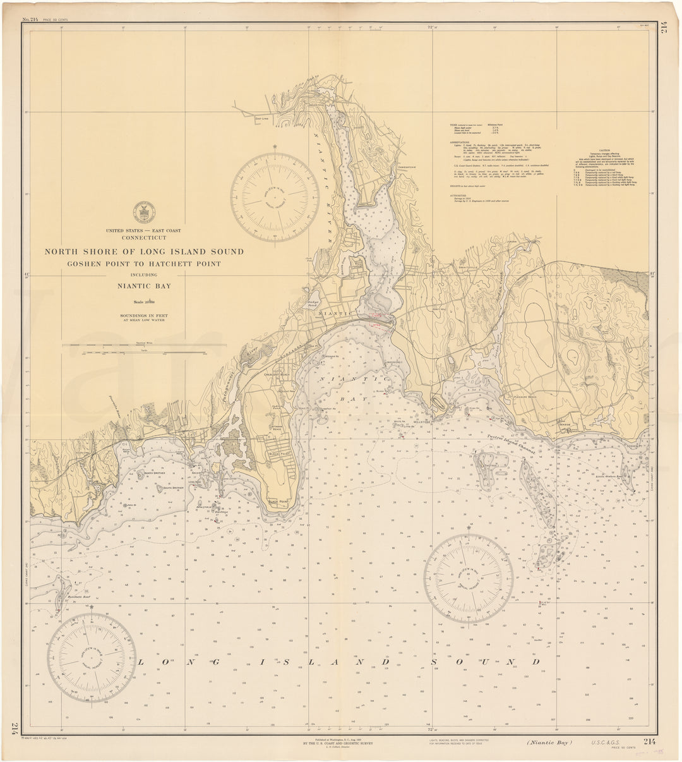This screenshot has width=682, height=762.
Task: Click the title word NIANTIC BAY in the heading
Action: click(143, 286)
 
